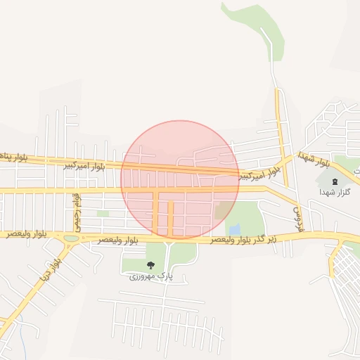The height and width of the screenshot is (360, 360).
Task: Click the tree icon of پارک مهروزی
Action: click(x=150, y=265)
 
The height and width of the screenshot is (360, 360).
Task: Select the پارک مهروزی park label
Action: click(x=150, y=276)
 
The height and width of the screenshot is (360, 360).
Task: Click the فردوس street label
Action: click(x=298, y=210)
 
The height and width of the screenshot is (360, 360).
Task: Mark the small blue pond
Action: click(x=234, y=229)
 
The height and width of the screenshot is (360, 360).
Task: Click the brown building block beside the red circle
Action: click(x=223, y=210)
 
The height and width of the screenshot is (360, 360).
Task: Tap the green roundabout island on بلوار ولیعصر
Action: click(x=71, y=238)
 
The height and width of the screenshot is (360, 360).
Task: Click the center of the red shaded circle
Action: click(x=180, y=179)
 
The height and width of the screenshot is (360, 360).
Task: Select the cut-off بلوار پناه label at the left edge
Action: click(x=13, y=157)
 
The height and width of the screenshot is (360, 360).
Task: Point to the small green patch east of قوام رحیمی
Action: click(x=103, y=213)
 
